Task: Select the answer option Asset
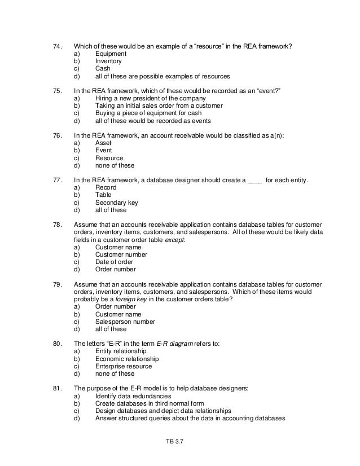(x=103, y=143)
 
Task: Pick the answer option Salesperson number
(x=125, y=322)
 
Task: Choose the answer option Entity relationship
(x=121, y=351)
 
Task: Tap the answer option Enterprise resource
(x=123, y=366)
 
